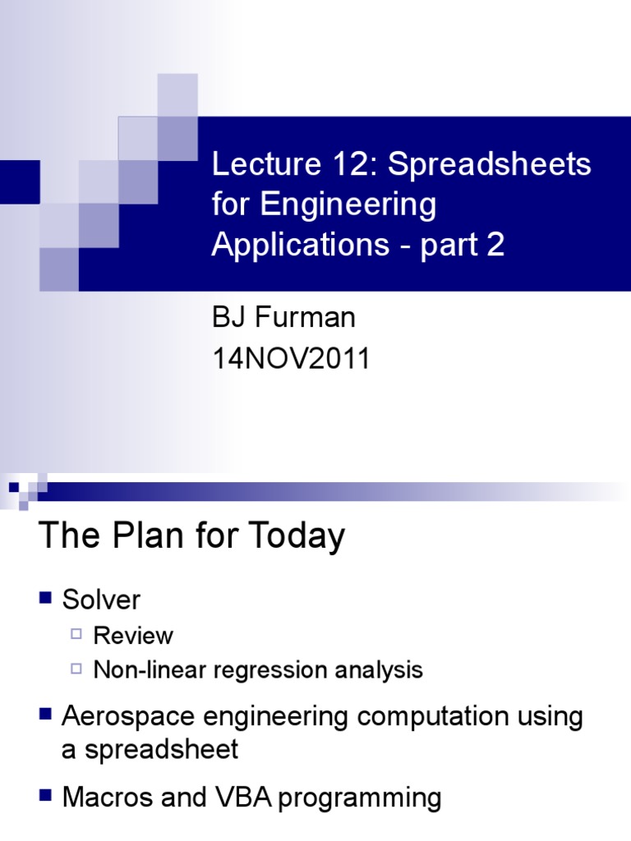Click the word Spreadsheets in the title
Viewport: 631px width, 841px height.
pyautogui.click(x=490, y=165)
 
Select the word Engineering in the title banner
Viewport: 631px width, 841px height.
pyautogui.click(x=349, y=205)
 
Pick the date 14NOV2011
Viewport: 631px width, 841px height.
pyautogui.click(x=292, y=359)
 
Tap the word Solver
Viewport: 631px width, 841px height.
pyautogui.click(x=101, y=600)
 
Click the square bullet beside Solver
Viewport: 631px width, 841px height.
pyautogui.click(x=46, y=597)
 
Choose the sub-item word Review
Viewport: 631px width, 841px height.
pyautogui.click(x=133, y=636)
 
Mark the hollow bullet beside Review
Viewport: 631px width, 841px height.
pyautogui.click(x=76, y=634)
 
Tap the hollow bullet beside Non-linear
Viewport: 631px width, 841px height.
pyautogui.click(x=76, y=669)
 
